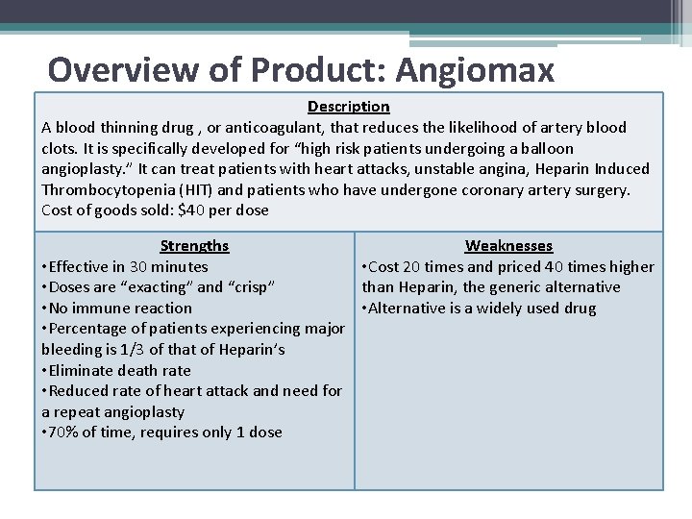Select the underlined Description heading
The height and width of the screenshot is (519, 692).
(348, 107)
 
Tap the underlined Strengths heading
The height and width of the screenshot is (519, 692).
(194, 246)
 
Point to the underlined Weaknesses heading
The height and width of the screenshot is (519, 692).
(508, 246)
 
